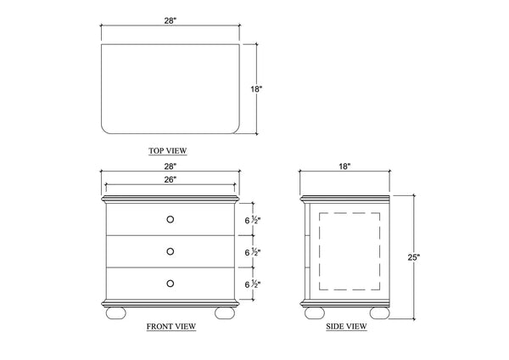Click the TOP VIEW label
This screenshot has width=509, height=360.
tap(167, 151)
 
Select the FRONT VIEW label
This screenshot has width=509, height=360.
tap(171, 326)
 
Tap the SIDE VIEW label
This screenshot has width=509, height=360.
tap(346, 326)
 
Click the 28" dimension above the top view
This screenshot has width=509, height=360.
tap(171, 20)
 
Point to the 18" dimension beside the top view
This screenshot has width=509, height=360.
tap(256, 88)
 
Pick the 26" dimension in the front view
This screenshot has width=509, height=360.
tap(171, 179)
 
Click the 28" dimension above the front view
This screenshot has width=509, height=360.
tap(171, 166)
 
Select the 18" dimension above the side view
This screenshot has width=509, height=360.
tap(344, 166)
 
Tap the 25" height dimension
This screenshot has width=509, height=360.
tap(414, 257)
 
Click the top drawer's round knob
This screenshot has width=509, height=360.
tap(171, 219)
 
